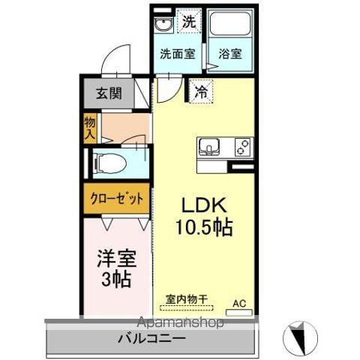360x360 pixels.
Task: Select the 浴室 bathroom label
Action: pyautogui.click(x=229, y=54)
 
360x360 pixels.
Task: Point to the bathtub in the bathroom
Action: pyautogui.click(x=229, y=27)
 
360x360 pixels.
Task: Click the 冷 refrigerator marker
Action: pyautogui.click(x=200, y=91)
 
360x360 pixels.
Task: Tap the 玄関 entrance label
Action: pyautogui.click(x=108, y=94)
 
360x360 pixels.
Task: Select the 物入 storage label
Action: pyautogui.click(x=90, y=128)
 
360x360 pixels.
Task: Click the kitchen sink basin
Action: pyautogui.click(x=208, y=145)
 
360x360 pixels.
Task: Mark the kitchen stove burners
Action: pyautogui.click(x=241, y=145)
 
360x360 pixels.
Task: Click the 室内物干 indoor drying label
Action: pyautogui.click(x=187, y=298)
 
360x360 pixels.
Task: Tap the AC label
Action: pyautogui.click(x=239, y=302)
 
